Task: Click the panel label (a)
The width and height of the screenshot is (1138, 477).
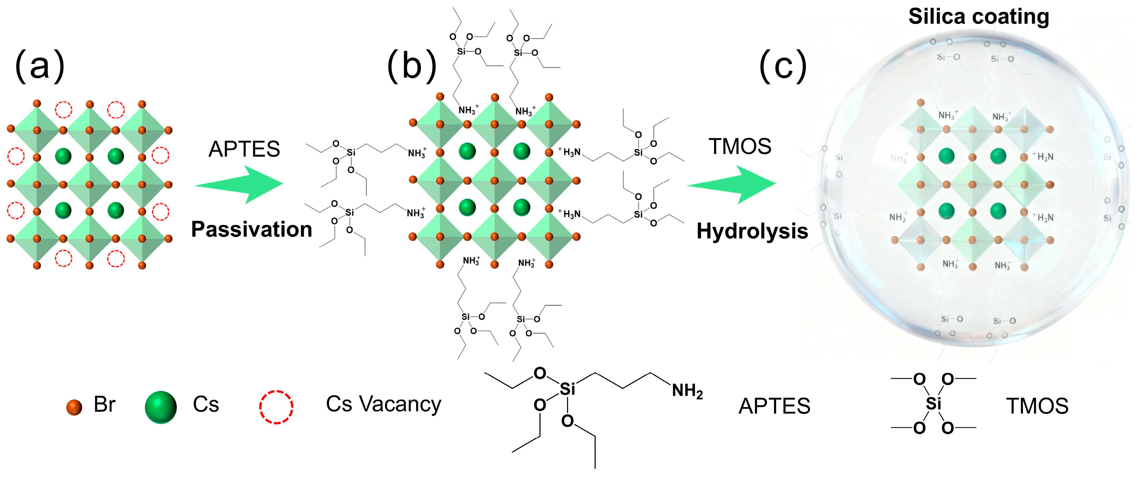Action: [40, 66]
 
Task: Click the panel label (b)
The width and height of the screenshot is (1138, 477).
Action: [412, 66]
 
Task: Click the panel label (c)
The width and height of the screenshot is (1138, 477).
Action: [783, 66]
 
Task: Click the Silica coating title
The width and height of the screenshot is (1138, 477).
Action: [979, 17]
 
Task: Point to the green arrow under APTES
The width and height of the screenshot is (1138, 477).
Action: [241, 184]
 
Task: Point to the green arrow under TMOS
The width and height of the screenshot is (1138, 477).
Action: [733, 184]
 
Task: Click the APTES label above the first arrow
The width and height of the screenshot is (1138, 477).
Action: [244, 149]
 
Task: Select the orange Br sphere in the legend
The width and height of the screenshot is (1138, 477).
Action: [74, 407]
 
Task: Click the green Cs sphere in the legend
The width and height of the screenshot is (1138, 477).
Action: [161, 407]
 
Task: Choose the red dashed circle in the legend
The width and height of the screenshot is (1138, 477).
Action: [276, 407]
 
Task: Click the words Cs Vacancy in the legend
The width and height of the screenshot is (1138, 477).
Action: [383, 404]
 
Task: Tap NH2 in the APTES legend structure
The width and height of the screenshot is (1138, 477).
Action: [687, 391]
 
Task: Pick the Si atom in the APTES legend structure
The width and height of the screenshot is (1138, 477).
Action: [567, 389]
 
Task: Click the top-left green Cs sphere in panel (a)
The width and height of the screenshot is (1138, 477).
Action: [63, 156]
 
